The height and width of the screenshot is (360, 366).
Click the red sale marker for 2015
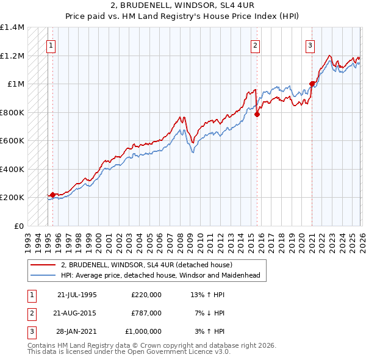pyautogui.click(x=257, y=113)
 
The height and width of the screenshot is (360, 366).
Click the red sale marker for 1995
pyautogui.click(x=52, y=195)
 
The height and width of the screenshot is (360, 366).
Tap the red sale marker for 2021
pyautogui.click(x=312, y=84)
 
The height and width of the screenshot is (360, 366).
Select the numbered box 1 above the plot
pyautogui.click(x=51, y=45)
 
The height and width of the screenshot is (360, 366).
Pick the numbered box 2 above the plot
pyautogui.click(x=255, y=45)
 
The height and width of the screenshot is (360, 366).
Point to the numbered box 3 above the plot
pyautogui.click(x=310, y=45)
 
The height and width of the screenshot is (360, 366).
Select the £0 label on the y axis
pyautogui.click(x=18, y=226)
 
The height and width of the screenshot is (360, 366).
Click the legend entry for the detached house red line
pyautogui.click(x=146, y=265)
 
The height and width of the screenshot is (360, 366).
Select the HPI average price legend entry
pyautogui.click(x=160, y=276)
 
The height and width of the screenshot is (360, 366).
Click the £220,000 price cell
pyautogui.click(x=146, y=294)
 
